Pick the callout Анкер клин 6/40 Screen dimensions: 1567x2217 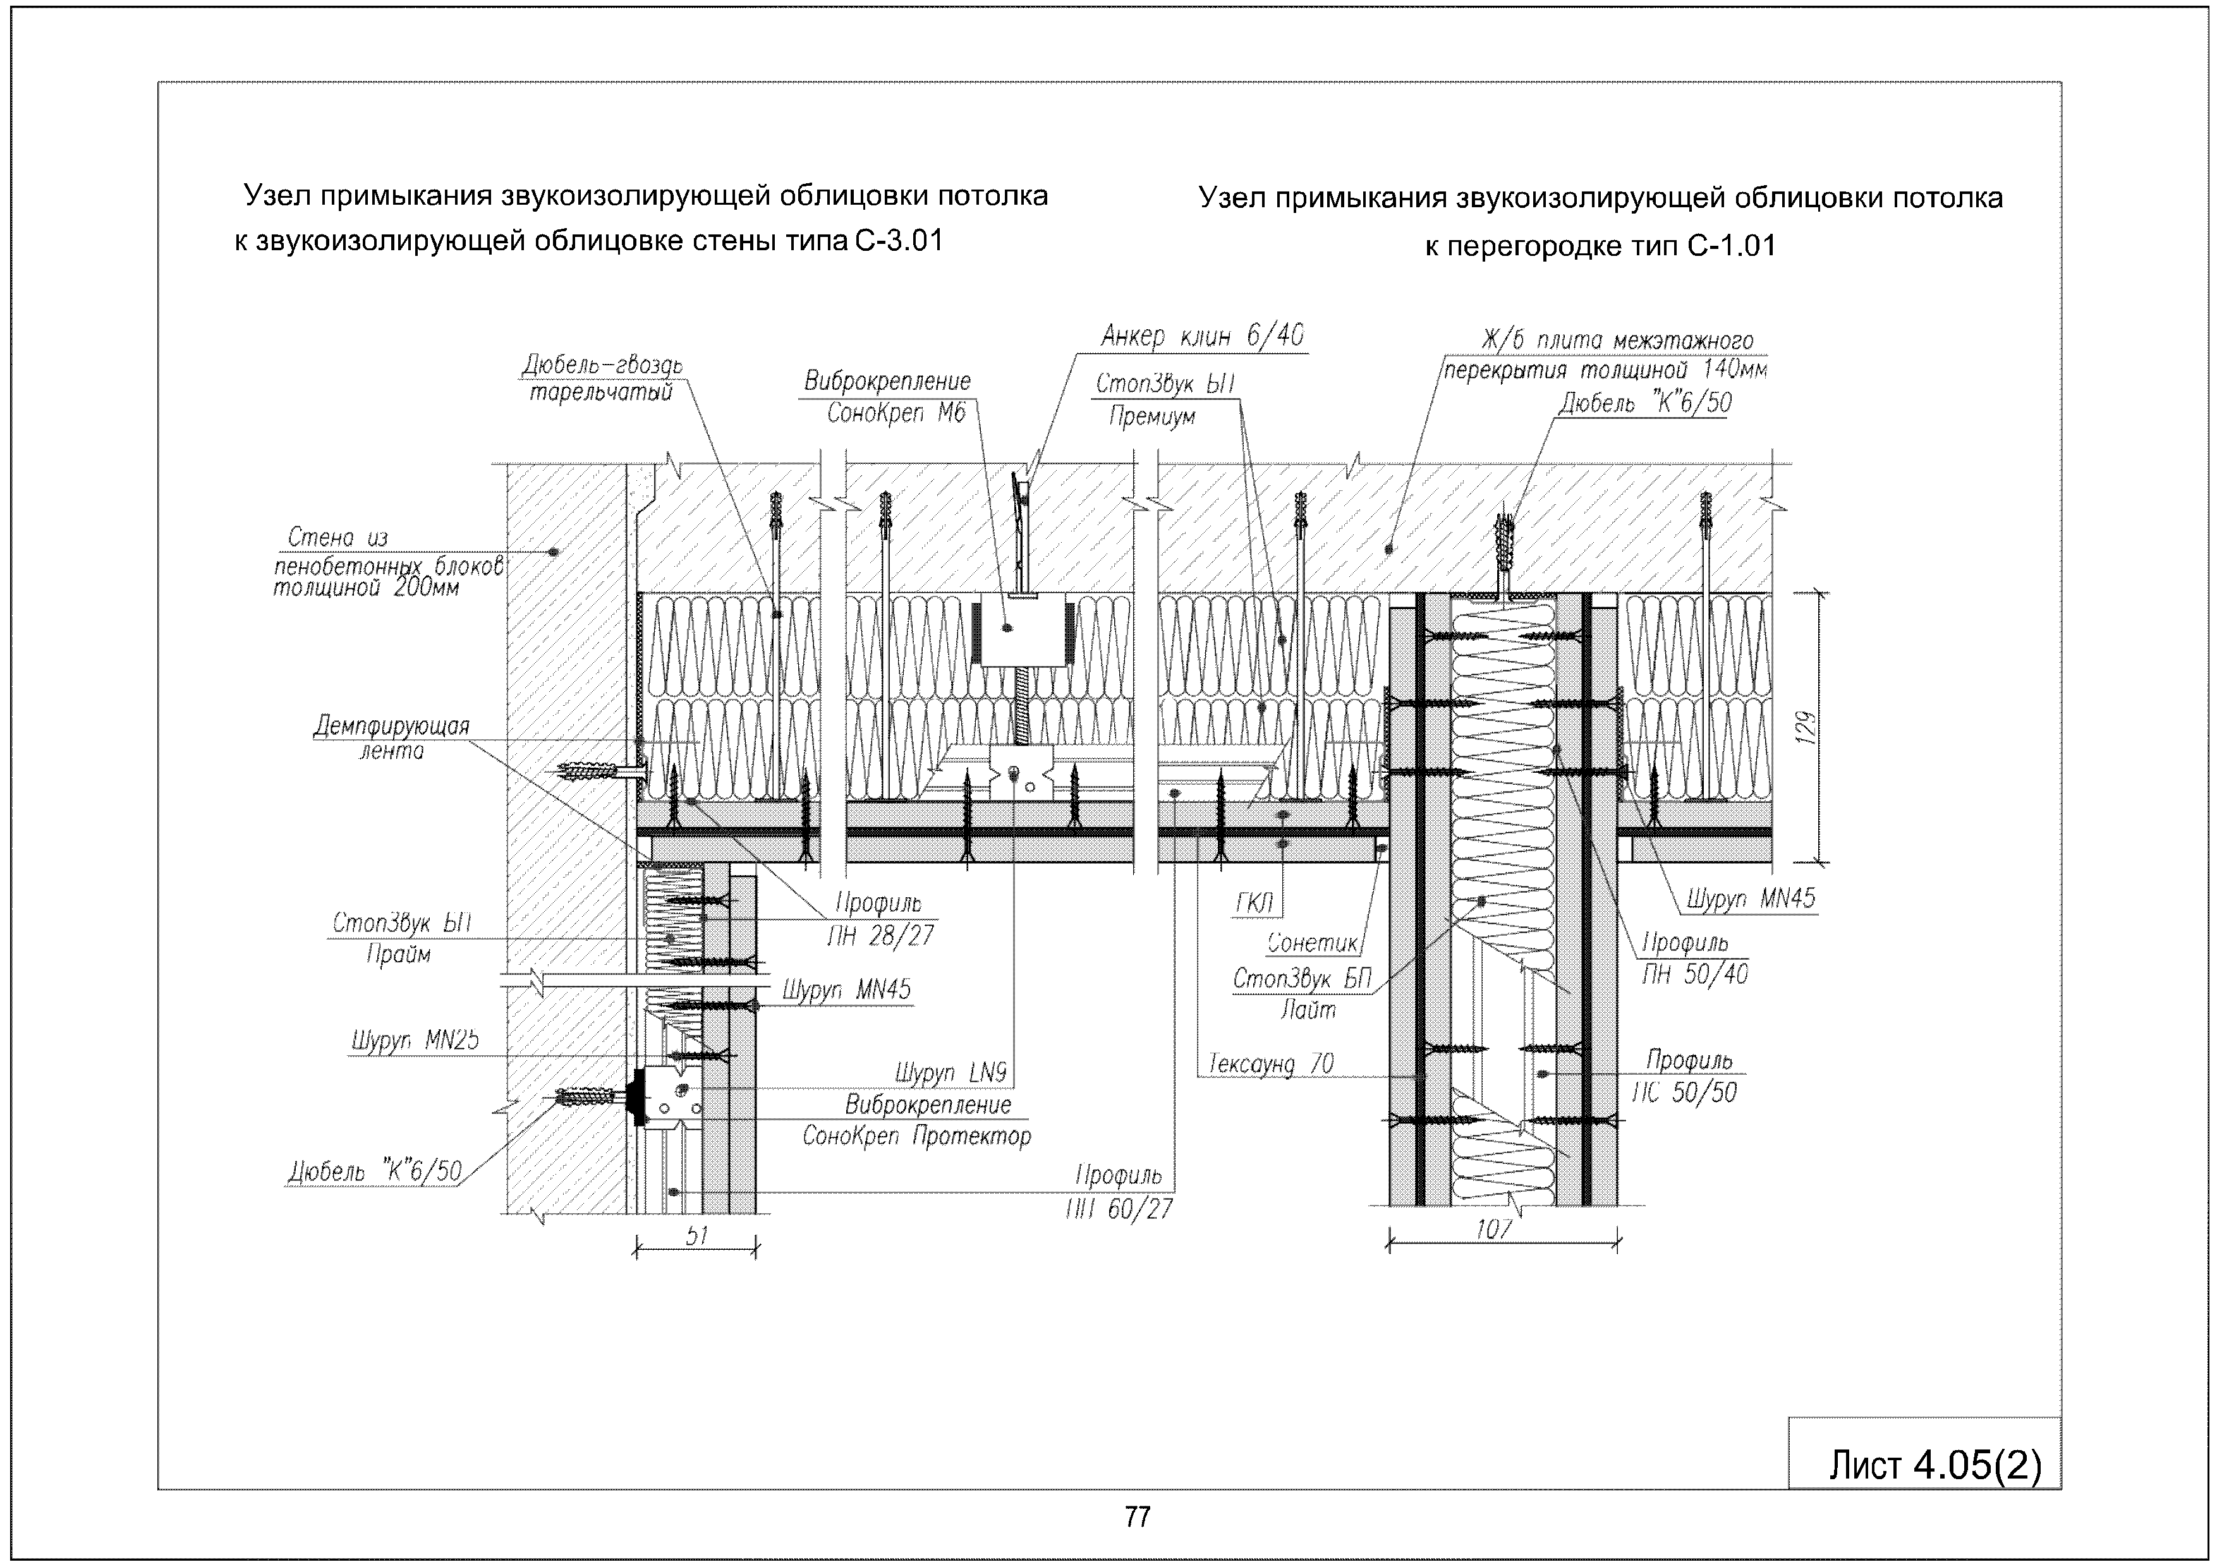[x=1202, y=337]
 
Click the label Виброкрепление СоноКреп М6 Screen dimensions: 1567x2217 [x=887, y=397]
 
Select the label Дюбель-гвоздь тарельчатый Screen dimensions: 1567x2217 [x=602, y=378]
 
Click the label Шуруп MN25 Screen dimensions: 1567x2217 [x=414, y=1041]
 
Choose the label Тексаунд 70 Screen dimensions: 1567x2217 [x=1271, y=1064]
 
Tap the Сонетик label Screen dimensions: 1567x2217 [x=1312, y=942]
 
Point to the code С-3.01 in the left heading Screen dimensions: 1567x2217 [x=898, y=240]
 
